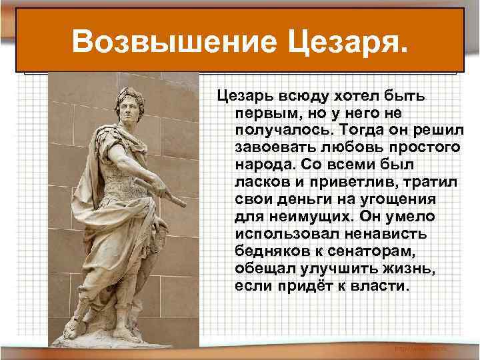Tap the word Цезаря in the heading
point(345,41)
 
